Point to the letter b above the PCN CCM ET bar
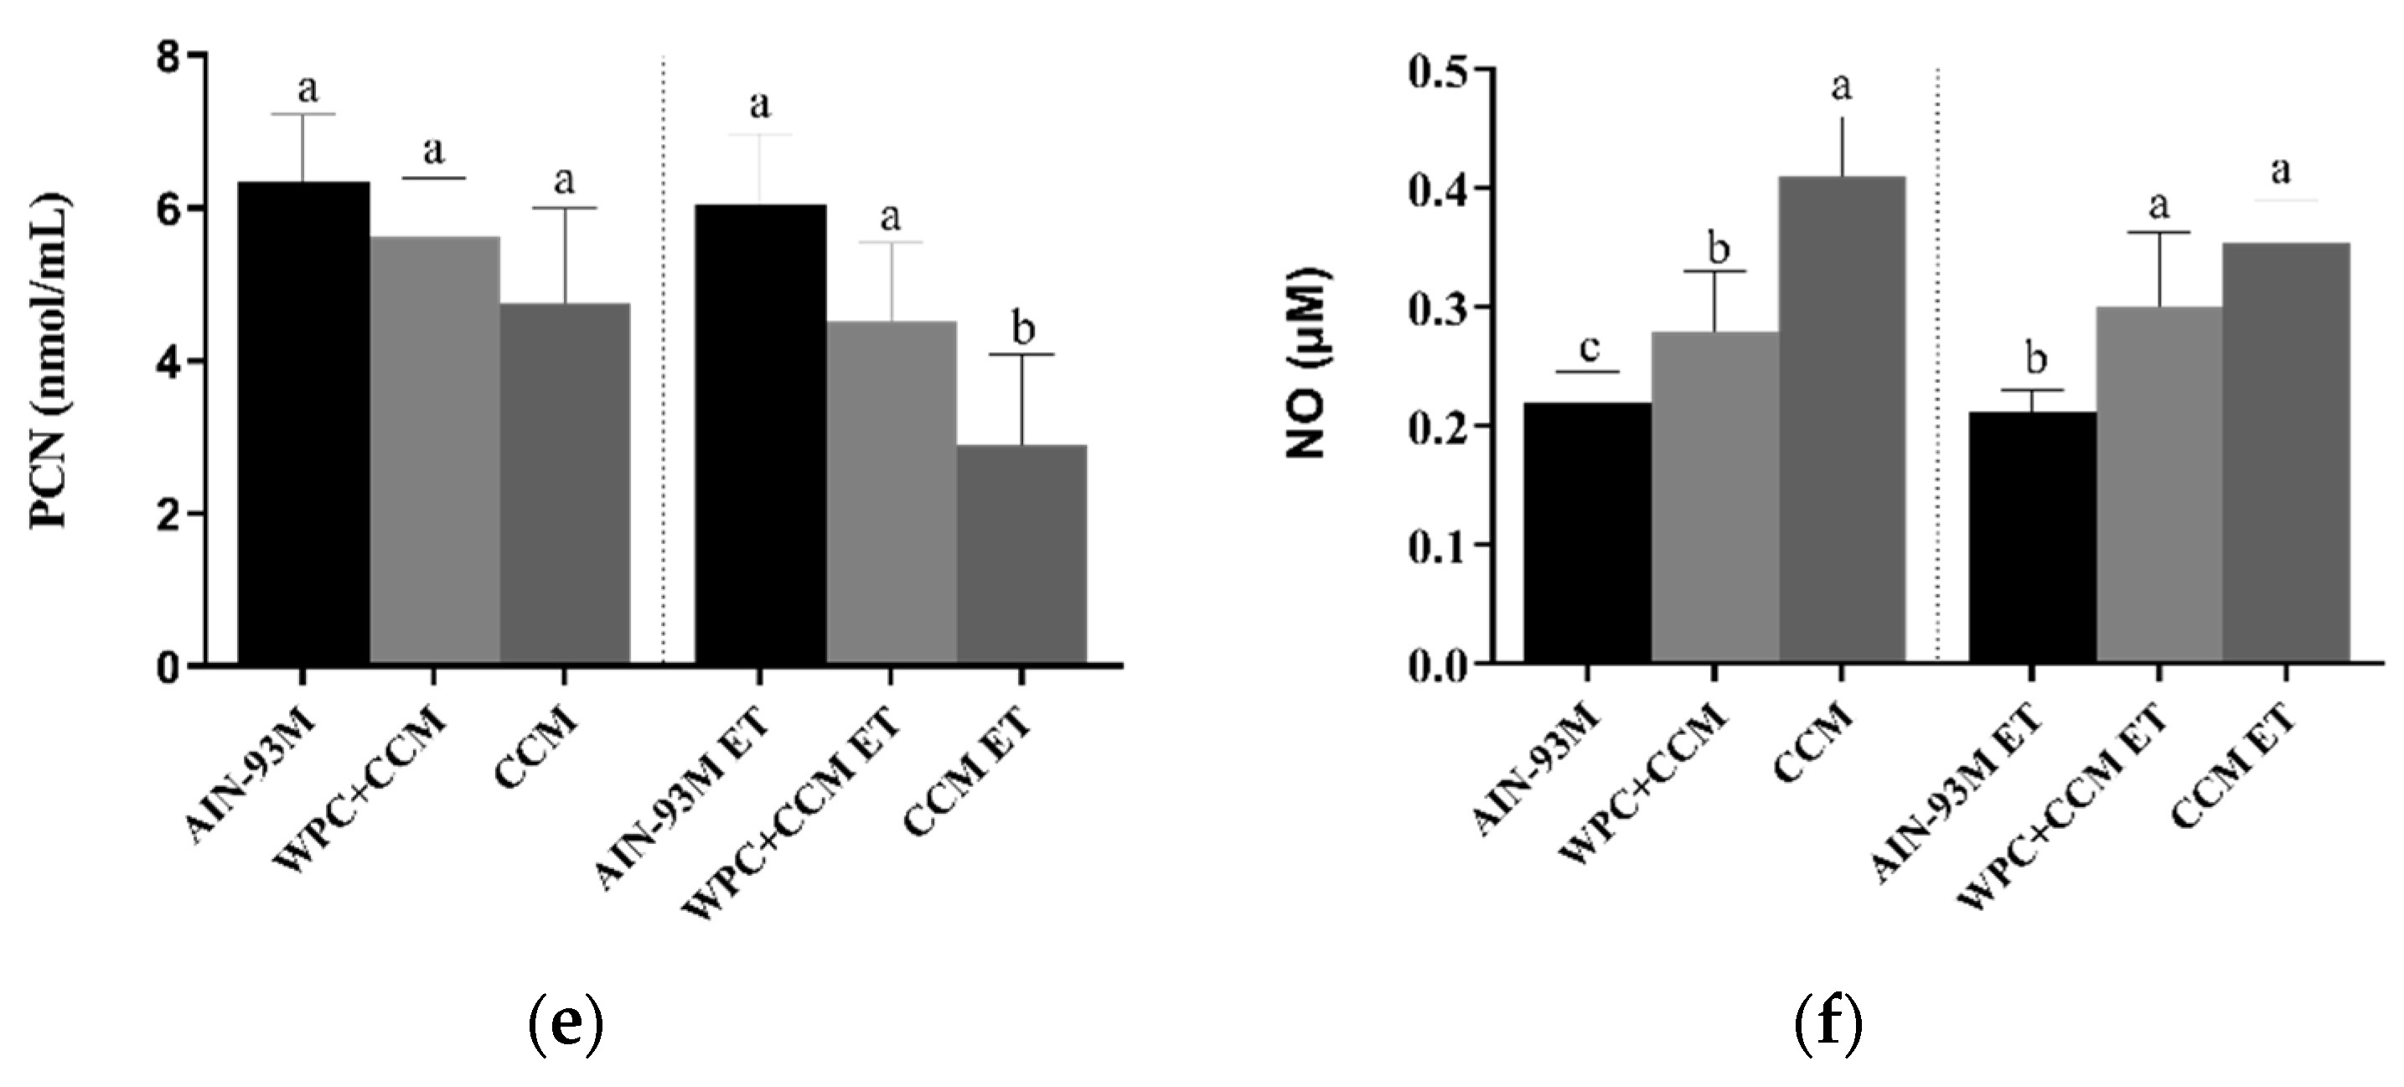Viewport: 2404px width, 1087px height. [x=1023, y=329]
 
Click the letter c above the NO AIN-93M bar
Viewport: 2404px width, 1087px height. [x=1589, y=348]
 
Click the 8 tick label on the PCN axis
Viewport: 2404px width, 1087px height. [x=168, y=58]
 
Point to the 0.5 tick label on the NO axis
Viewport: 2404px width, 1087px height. [x=1445, y=70]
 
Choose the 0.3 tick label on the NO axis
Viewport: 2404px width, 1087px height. [x=1445, y=308]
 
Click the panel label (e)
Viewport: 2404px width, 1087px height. [x=566, y=1022]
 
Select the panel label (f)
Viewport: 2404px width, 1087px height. [x=1828, y=1022]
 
